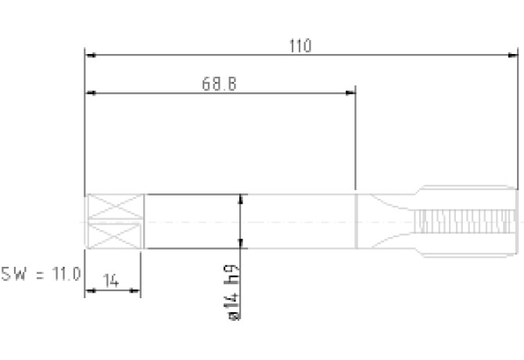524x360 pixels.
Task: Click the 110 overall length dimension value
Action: (300, 46)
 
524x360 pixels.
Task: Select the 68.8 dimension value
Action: (219, 84)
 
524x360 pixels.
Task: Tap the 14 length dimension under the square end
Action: (111, 281)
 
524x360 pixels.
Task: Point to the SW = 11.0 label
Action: (41, 274)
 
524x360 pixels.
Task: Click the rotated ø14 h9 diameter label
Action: (233, 293)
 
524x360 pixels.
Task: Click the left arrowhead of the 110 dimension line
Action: (91, 55)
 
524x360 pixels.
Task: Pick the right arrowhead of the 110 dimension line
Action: (512, 55)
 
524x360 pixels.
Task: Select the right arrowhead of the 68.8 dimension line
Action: (350, 93)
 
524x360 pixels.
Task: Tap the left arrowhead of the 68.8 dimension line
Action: (91, 93)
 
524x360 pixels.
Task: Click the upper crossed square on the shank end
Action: (115, 207)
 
